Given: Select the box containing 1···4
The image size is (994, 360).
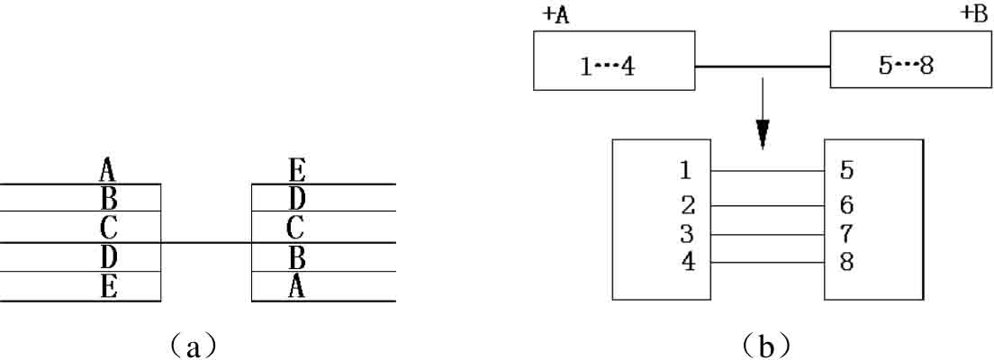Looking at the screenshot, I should (x=613, y=60).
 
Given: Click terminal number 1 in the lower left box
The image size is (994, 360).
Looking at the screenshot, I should (x=688, y=169).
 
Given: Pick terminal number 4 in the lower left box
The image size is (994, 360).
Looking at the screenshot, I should (x=688, y=263).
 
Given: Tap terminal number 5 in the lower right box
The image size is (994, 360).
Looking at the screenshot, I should (x=846, y=169).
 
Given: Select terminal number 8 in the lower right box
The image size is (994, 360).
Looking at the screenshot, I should (x=846, y=263).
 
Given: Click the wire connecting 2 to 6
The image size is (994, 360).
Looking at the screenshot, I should (x=767, y=205).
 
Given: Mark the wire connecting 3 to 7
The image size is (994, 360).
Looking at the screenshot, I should (x=767, y=235).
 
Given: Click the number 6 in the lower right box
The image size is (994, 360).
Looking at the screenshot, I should (x=846, y=205).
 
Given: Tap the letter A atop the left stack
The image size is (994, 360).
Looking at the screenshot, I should (x=108, y=168).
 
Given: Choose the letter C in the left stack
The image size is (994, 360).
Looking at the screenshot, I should (x=108, y=227).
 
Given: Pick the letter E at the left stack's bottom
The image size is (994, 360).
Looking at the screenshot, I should (x=108, y=287).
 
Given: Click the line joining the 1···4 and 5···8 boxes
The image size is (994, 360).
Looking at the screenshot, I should (x=762, y=66).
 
